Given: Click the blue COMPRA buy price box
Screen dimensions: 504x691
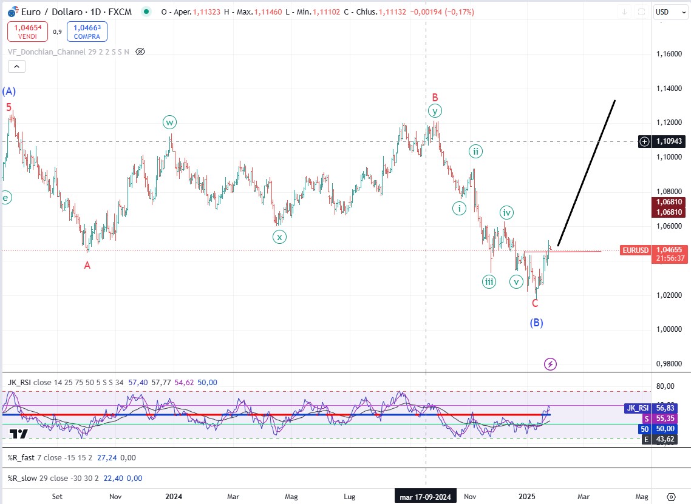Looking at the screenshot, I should pyautogui.click(x=87, y=32).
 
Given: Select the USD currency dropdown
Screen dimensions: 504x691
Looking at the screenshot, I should pyautogui.click(x=669, y=12).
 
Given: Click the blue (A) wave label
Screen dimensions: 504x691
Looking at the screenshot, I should pyautogui.click(x=9, y=92).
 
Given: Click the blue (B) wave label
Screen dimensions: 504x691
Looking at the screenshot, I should pyautogui.click(x=536, y=323).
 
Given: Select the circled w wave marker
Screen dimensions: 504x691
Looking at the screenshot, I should pyautogui.click(x=169, y=123).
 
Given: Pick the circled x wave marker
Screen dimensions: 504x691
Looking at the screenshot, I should pyautogui.click(x=279, y=237).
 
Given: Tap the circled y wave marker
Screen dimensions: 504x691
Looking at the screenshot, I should pyautogui.click(x=434, y=111).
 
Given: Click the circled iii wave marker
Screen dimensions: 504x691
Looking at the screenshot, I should pyautogui.click(x=489, y=281).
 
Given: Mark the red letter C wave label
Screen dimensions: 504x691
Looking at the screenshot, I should pyautogui.click(x=535, y=303).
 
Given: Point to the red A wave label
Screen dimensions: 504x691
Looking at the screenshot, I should pyautogui.click(x=87, y=265).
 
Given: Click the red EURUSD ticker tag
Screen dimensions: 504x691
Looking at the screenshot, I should pyautogui.click(x=635, y=250).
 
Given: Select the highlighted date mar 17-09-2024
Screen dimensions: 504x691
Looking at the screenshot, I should pyautogui.click(x=424, y=497).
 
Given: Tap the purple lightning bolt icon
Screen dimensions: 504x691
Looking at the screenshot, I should pyautogui.click(x=550, y=364).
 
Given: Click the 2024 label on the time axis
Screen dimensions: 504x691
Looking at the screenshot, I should pyautogui.click(x=174, y=497).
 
